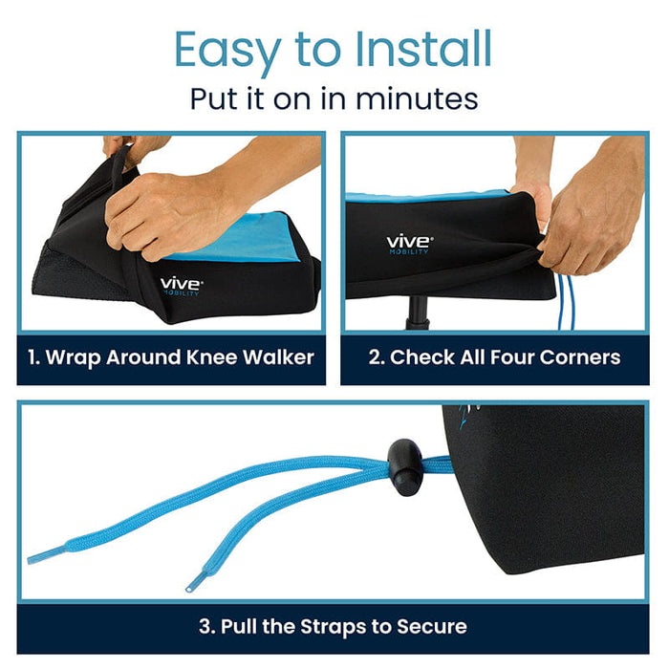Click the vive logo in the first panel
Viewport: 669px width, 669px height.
coord(180,284)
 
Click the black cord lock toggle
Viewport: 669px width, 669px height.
coord(406,466)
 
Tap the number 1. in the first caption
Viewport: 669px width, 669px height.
coord(35,358)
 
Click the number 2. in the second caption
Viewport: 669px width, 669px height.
coord(376,358)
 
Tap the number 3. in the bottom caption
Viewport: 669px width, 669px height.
coord(207,627)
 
